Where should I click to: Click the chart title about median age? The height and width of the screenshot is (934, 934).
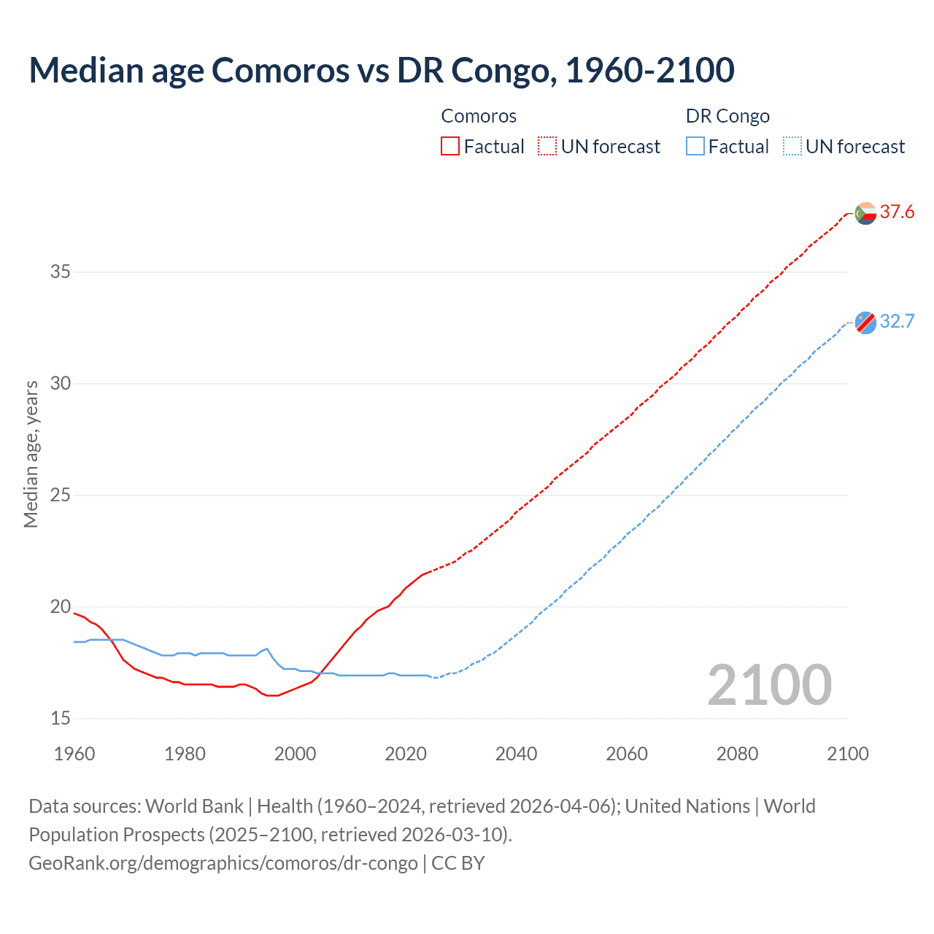381,70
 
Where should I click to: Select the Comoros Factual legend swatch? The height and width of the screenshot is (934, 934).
450,147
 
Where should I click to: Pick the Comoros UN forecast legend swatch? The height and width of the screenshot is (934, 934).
547,147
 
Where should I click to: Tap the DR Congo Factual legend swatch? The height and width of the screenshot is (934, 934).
695,147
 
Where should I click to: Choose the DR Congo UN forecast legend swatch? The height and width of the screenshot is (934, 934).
792,147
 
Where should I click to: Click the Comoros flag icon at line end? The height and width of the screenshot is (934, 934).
865,213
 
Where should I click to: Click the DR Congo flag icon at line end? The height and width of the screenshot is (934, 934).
865,322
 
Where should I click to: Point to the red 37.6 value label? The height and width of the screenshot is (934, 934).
897,212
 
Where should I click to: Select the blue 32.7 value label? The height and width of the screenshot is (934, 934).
897,322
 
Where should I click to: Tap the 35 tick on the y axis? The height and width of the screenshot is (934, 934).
60,272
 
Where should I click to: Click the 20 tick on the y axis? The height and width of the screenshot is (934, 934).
60,607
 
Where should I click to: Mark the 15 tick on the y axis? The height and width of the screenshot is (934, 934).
60,719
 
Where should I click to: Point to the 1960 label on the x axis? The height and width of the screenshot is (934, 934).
74,754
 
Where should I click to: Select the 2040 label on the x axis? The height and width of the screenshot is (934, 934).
516,754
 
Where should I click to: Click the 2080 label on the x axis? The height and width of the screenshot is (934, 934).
737,754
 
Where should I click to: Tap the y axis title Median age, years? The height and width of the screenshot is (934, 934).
31,454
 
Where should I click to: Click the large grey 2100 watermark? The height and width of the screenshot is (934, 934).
769,685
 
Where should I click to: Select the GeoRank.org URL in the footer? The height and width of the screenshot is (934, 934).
223,863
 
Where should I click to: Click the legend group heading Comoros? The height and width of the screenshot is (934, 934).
479,116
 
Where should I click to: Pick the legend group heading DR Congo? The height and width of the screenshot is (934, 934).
727,116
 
